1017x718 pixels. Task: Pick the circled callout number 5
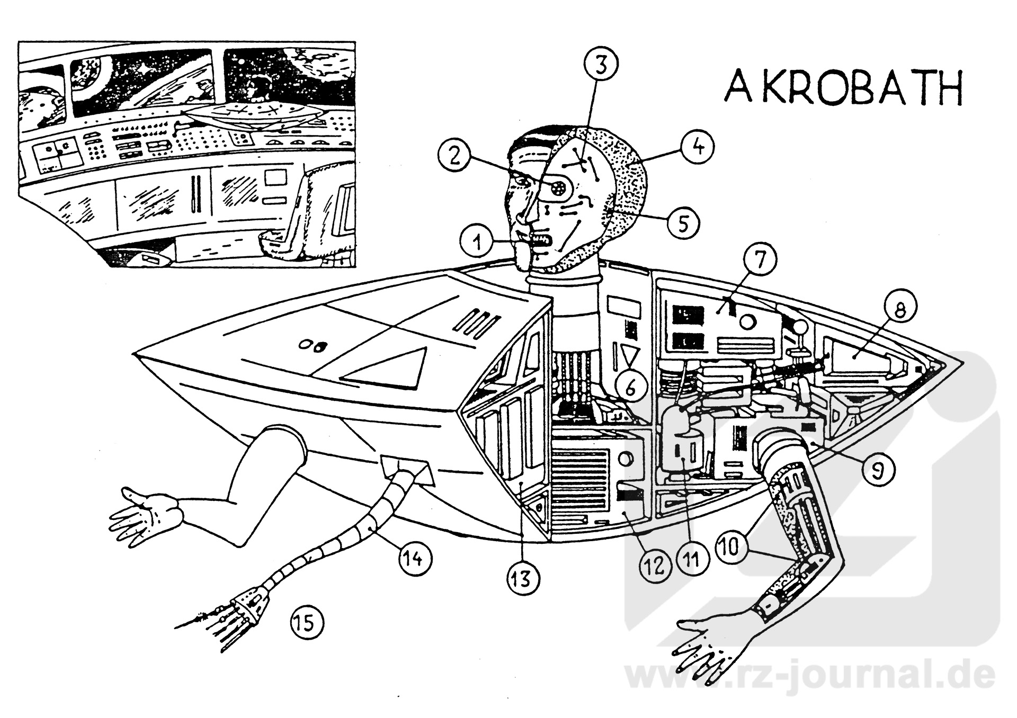click(x=683, y=223)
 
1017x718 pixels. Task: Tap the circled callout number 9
click(x=877, y=469)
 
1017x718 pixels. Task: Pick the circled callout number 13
click(x=521, y=579)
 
